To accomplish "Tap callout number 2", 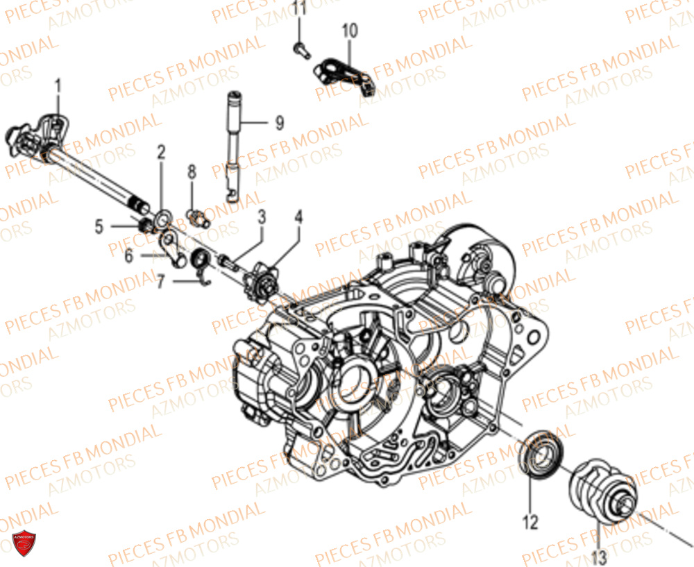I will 161,152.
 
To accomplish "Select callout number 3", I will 262,217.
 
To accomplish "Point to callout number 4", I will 298,217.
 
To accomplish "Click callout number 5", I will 99,226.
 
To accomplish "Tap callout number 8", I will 192,171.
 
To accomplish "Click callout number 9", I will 279,123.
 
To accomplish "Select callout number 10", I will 350,30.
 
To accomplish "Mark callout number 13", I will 599,555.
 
